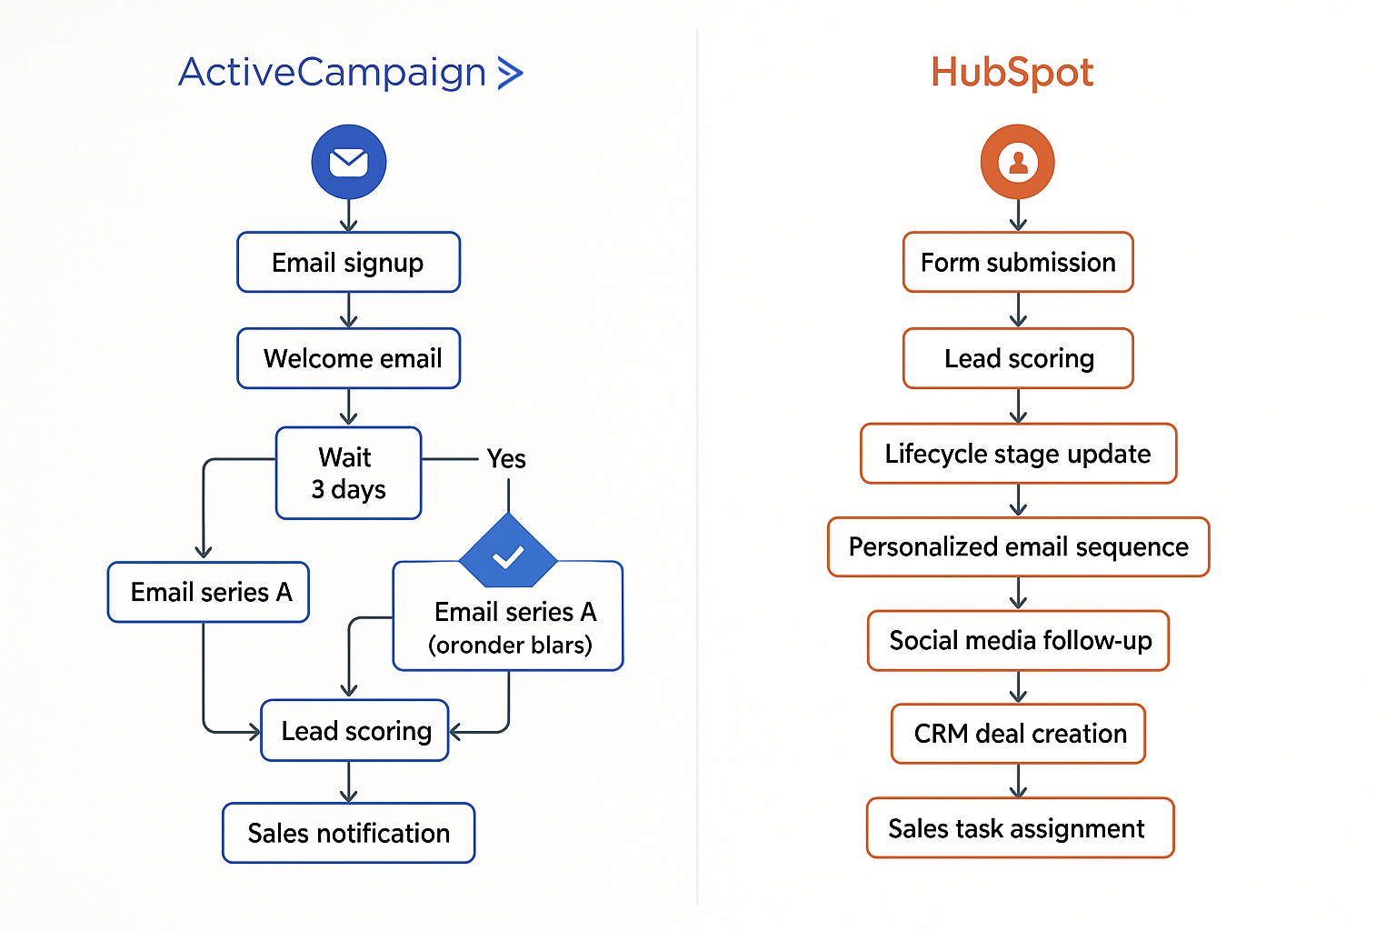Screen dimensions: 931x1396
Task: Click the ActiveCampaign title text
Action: tap(333, 73)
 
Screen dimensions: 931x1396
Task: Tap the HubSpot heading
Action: tap(1012, 73)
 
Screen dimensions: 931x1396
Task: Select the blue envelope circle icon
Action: tap(349, 163)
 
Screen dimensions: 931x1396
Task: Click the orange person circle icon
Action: tap(1018, 163)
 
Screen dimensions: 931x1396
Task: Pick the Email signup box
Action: tap(349, 263)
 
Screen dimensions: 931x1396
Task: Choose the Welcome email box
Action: tap(349, 358)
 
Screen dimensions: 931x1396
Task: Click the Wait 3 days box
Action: tap(349, 474)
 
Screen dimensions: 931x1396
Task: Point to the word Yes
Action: tap(506, 459)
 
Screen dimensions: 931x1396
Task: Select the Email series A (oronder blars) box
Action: tap(509, 627)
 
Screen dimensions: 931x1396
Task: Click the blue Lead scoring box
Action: tap(355, 731)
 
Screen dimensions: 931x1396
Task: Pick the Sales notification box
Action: tap(349, 833)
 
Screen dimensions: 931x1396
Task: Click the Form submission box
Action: tap(1018, 263)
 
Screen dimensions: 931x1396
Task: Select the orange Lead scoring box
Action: tap(1018, 358)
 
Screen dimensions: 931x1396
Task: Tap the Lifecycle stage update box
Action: tap(1018, 454)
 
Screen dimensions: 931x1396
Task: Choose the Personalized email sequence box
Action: tap(1018, 547)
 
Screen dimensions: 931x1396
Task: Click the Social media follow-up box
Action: tap(1018, 641)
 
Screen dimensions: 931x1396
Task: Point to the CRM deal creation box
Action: tap(1018, 734)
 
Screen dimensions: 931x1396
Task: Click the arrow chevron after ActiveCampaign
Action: tap(511, 73)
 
